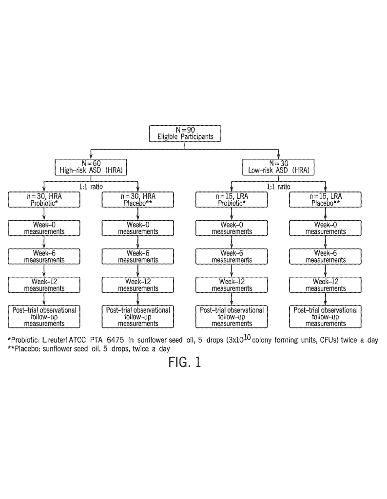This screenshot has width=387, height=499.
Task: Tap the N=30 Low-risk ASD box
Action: click(x=278, y=167)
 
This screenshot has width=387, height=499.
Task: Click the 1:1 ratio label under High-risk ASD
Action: click(x=92, y=186)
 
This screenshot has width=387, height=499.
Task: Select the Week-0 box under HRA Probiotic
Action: click(x=44, y=228)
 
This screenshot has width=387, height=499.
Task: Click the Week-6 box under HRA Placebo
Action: click(x=138, y=256)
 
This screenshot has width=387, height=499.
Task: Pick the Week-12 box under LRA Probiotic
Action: click(x=232, y=285)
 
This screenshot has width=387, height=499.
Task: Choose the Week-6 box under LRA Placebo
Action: click(x=325, y=256)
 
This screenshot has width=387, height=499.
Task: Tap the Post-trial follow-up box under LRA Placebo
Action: click(x=325, y=317)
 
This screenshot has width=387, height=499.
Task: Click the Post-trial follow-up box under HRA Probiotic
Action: click(x=44, y=317)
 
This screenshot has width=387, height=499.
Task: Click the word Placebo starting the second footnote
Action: click(x=22, y=349)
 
